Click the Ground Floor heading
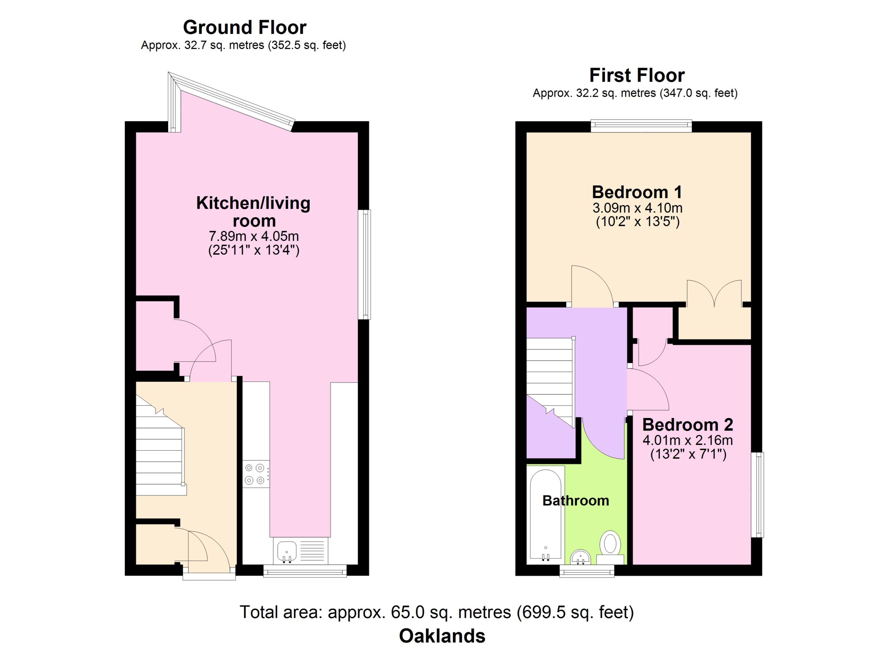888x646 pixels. [x=245, y=28]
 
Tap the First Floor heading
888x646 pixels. [x=637, y=76]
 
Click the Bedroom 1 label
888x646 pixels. [x=637, y=192]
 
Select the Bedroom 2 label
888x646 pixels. [x=688, y=425]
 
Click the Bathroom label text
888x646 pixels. [x=575, y=501]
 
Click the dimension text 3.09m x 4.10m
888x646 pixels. [x=638, y=208]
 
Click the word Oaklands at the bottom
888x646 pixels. [x=442, y=636]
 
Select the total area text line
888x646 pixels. [x=437, y=612]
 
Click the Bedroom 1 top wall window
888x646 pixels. [x=641, y=126]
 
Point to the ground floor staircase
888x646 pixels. [x=161, y=446]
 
